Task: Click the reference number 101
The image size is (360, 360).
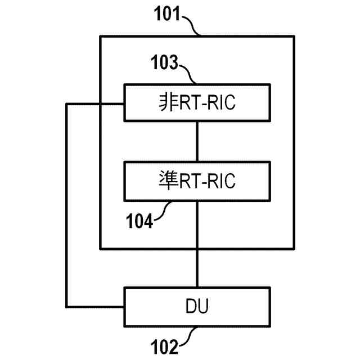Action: coord(166,13)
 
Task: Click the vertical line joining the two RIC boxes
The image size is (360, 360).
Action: coord(197,141)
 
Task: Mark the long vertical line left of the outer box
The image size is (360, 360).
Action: coord(67,205)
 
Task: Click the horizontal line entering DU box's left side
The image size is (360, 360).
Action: coord(96,307)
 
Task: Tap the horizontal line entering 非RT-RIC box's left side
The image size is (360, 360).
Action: coord(96,103)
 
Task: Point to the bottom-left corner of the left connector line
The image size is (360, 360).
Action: coord(67,307)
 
